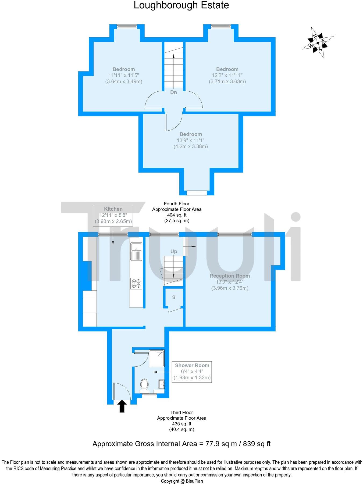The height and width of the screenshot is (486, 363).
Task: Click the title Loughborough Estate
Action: click(x=181, y=5)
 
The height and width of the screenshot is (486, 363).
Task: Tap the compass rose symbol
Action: click(x=318, y=43)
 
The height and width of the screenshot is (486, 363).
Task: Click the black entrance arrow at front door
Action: click(x=122, y=406)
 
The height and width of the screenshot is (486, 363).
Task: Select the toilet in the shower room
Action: click(x=144, y=385)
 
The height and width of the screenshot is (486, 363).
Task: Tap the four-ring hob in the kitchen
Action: click(x=136, y=284)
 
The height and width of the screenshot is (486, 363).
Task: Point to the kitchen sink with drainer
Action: click(x=136, y=251)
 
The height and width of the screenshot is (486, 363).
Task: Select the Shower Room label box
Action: click(x=192, y=372)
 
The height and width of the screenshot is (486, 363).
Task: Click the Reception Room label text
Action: click(x=230, y=276)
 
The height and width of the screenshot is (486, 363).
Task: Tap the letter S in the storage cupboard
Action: click(x=174, y=298)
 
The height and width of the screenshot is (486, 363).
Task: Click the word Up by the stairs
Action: click(x=174, y=252)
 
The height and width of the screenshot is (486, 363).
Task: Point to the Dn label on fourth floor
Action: click(x=174, y=92)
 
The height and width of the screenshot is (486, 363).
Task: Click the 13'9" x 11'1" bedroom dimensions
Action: click(x=191, y=140)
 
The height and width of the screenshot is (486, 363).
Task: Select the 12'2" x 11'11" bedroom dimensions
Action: click(x=227, y=76)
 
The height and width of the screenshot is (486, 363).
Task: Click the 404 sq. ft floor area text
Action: click(x=177, y=215)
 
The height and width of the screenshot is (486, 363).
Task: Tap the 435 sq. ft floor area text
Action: click(x=181, y=424)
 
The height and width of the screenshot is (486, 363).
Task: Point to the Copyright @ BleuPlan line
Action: click(x=182, y=481)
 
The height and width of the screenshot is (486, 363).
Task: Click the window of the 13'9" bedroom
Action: click(x=197, y=193)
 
